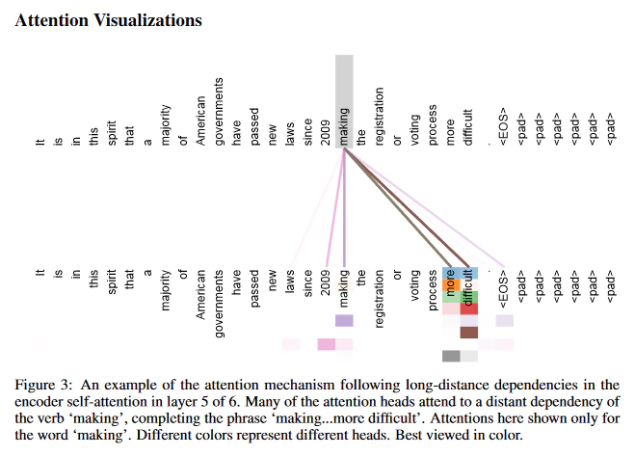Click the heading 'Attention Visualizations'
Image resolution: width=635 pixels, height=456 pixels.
point(108,20)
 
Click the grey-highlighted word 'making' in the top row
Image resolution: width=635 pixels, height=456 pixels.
point(344,126)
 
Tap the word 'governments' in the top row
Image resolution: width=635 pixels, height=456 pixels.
point(219,111)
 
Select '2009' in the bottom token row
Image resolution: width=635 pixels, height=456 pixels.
point(326,282)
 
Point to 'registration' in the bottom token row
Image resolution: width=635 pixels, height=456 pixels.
point(379,299)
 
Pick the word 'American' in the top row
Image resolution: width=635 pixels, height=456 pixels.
point(200,121)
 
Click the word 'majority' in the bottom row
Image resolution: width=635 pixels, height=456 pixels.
point(165,290)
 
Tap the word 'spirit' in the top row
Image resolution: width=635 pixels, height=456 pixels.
point(112,132)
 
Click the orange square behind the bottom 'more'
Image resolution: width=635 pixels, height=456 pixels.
point(451,285)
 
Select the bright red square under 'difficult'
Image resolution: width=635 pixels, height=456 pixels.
point(469,308)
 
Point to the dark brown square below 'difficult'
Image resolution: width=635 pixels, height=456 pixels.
point(469,333)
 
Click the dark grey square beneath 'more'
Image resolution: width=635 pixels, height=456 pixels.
point(451,356)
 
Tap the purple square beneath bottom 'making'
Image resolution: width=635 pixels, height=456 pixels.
point(344,321)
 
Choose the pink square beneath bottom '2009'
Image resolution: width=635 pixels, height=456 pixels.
point(327,344)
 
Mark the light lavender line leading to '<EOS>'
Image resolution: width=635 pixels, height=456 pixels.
point(424,208)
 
